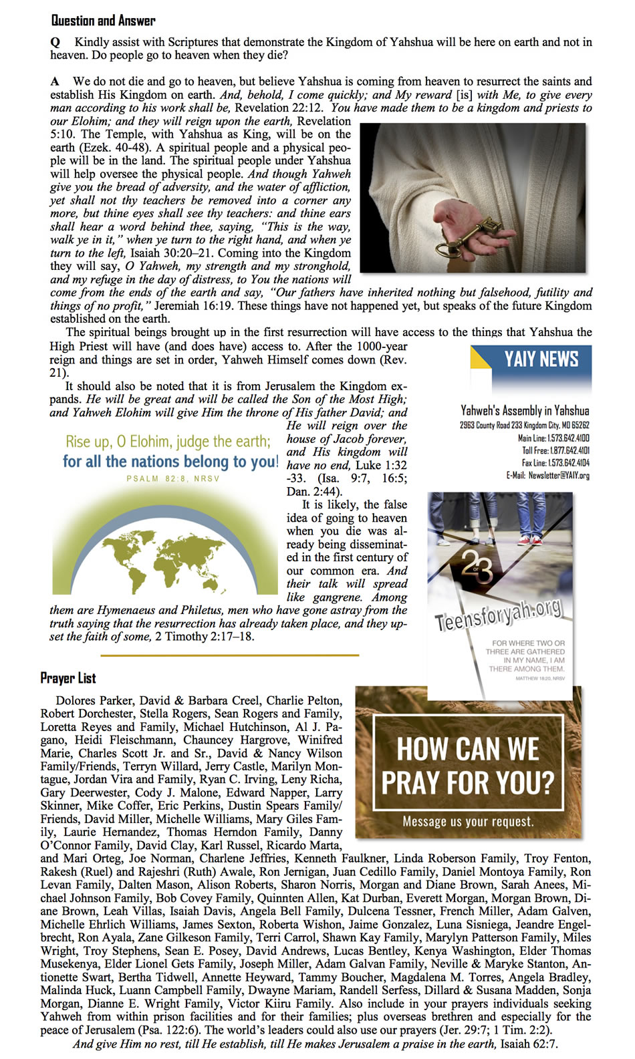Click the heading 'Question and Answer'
coord(103,21)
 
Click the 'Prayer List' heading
coord(68,678)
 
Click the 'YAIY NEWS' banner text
coord(541,359)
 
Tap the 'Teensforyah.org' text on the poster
coord(498,613)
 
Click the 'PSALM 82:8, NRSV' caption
coord(172,478)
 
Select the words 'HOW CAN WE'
coord(468,748)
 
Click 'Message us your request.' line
coord(468,821)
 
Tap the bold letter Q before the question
coord(55,42)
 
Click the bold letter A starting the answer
coord(55,82)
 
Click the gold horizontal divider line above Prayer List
coord(229,655)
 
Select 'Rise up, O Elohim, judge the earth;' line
coord(168,442)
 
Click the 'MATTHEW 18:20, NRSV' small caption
coord(539,678)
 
